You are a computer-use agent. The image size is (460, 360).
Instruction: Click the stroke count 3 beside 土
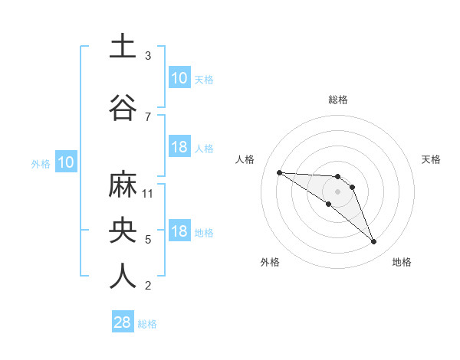point(148,56)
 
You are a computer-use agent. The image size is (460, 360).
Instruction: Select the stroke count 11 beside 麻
point(149,193)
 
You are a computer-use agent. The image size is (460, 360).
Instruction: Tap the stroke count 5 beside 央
point(148,240)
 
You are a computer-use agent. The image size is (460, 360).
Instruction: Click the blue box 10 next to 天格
point(179,78)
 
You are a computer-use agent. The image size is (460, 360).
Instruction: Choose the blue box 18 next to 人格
point(179,147)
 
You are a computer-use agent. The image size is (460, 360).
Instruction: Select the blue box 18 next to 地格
point(179,231)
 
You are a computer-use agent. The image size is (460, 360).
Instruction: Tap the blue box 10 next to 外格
point(65,162)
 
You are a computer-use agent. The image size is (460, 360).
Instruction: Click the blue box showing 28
point(123,322)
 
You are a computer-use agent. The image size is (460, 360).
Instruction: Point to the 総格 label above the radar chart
point(338,100)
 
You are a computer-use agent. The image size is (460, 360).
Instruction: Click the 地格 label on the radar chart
point(402,262)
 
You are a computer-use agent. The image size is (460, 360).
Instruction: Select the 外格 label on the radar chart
point(270,262)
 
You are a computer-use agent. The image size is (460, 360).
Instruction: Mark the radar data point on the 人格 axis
point(279,172)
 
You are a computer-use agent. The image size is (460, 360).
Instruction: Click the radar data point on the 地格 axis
point(374,242)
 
